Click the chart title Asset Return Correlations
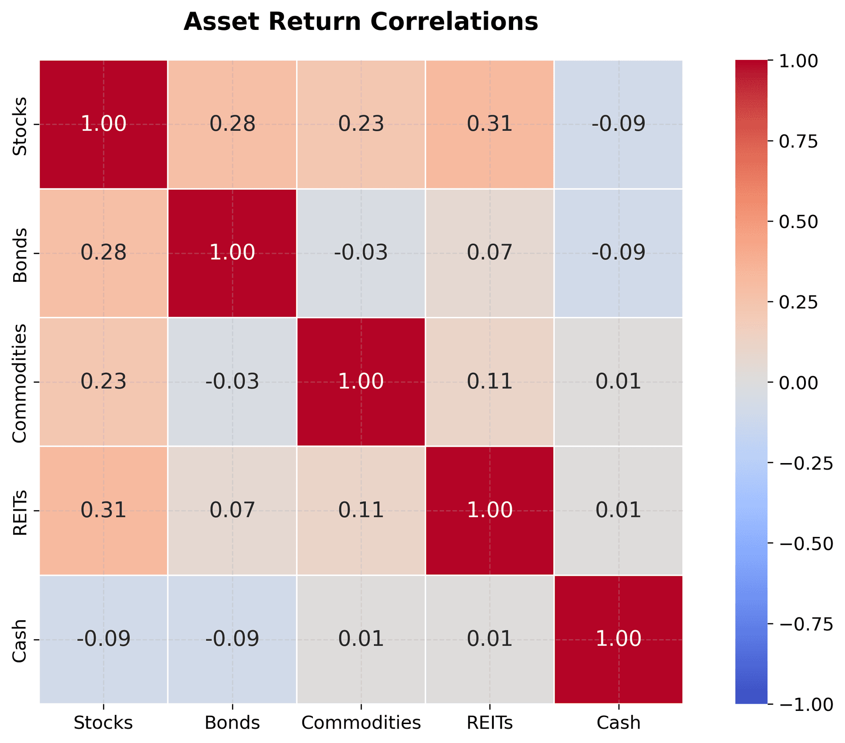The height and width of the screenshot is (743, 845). pos(360,22)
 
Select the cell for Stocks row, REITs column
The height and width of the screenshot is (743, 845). pos(489,125)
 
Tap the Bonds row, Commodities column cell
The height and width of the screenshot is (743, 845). pos(361,253)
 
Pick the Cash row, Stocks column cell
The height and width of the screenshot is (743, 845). pos(103,639)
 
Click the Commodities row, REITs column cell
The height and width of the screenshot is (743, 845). pos(489,382)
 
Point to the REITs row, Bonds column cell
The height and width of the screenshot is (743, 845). pos(232,511)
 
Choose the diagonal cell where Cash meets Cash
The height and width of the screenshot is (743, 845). pos(618,639)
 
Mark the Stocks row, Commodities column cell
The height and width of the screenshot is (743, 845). pos(361,125)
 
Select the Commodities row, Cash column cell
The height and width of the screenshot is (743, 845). pos(618,382)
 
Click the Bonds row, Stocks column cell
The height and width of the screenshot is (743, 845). pos(103,253)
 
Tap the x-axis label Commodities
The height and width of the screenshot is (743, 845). pos(361,723)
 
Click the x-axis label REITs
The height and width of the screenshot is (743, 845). pos(489,723)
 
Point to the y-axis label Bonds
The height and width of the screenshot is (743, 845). pos(20,255)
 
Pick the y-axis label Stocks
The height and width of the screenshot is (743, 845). pos(20,126)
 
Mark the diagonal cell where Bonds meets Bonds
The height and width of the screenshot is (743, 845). pos(232,253)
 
